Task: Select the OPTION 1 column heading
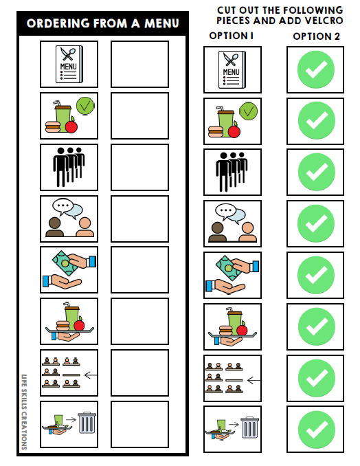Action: [232, 35]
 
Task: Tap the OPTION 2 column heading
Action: [316, 36]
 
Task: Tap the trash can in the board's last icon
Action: [87, 423]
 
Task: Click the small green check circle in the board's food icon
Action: [85, 105]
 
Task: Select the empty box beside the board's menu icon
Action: [139, 64]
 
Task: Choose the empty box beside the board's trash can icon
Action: [139, 424]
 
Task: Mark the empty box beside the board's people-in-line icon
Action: [139, 167]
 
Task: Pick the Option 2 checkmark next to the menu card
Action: [316, 69]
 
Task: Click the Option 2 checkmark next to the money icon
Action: [316, 275]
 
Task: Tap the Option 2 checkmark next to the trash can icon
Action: [316, 429]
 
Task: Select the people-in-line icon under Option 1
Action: [232, 172]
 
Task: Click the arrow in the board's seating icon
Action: [89, 375]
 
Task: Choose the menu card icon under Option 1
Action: [232, 69]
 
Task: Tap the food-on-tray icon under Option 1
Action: [232, 326]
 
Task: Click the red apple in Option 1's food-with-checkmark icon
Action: [234, 131]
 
